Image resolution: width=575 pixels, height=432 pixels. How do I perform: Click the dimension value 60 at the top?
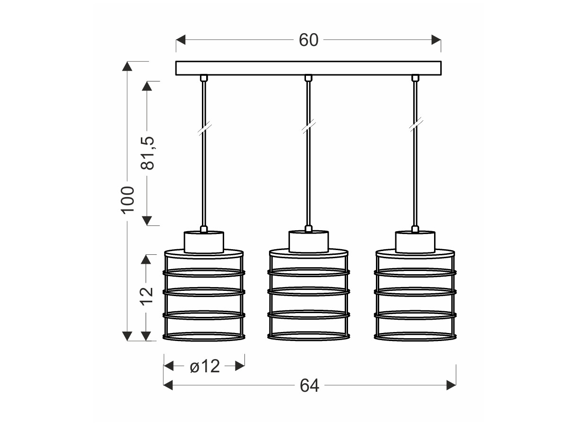[308, 40]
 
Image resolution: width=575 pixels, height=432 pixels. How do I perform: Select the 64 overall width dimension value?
[309, 386]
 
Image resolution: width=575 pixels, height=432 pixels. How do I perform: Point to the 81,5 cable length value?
[147, 153]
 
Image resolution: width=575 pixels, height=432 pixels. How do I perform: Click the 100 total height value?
[127, 197]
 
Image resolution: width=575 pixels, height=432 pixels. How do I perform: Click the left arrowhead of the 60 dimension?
[181, 40]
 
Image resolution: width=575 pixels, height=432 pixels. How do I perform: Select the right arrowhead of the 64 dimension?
[451, 385]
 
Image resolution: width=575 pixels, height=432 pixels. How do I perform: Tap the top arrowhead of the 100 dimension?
[127, 66]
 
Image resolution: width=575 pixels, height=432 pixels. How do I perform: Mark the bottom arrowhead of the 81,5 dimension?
[147, 221]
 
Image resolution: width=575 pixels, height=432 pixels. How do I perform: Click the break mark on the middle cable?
[308, 128]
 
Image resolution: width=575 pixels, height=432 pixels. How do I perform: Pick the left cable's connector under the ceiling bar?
[204, 78]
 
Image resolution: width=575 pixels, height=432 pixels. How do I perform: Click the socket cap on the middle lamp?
[309, 242]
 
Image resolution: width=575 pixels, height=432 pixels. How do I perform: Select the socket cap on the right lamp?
[415, 242]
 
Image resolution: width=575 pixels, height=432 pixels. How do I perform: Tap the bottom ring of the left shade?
[204, 340]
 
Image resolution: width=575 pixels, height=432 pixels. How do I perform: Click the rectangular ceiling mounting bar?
[308, 68]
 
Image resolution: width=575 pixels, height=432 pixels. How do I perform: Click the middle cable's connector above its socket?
[309, 229]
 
